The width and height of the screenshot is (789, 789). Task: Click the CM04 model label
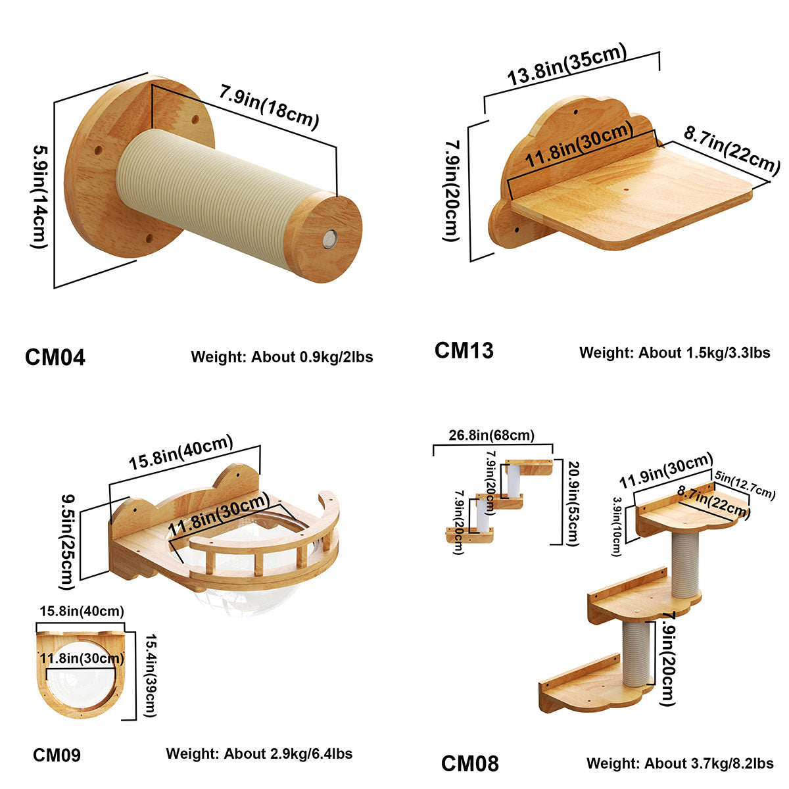coord(55,357)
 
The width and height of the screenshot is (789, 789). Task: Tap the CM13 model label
coord(464,350)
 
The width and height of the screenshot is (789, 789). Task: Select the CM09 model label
coord(57,755)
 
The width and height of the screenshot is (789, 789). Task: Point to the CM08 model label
coord(469,763)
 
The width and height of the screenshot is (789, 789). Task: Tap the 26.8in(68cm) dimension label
coord(492,435)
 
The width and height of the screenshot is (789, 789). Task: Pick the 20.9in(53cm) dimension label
coord(572,503)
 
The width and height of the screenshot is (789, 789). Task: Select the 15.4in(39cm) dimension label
coord(149,675)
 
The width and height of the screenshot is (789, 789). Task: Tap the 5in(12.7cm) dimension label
coord(745,484)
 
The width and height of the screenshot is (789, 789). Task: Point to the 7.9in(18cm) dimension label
coord(269,108)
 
